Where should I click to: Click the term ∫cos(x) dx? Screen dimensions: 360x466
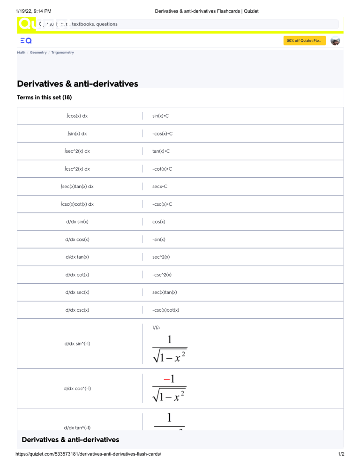tap(77, 116)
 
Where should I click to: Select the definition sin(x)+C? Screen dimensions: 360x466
tap(160, 116)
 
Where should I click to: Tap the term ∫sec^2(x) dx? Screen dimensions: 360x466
tap(77, 151)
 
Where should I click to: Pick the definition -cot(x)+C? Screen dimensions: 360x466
tap(162, 169)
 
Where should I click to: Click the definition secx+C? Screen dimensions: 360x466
tap(160, 187)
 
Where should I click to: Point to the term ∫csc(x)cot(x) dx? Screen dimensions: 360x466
tap(77, 204)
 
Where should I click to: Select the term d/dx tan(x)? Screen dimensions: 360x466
tap(77, 257)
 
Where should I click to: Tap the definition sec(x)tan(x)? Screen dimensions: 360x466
tap(165, 292)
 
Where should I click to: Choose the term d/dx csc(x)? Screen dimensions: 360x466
tap(77, 310)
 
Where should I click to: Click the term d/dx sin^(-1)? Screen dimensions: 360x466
tap(77, 344)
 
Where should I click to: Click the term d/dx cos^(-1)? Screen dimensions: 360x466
tap(77, 389)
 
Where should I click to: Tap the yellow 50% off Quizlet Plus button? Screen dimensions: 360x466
tap(304, 41)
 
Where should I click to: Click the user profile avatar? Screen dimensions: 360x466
tap(335, 41)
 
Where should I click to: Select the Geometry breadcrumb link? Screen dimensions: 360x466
tap(38, 53)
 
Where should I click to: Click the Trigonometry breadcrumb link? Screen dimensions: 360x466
tap(62, 53)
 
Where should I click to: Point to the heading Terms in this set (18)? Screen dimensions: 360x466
tap(44, 98)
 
